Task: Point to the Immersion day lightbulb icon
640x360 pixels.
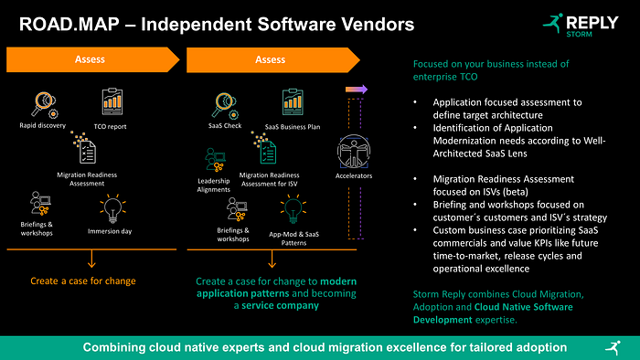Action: point(112,209)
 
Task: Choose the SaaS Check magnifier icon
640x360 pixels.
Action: point(225,103)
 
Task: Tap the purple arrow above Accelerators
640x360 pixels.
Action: point(356,90)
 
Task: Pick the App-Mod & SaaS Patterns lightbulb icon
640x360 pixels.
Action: point(292,209)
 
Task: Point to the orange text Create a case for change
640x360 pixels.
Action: point(82,281)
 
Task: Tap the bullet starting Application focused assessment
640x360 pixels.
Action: point(498,109)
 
